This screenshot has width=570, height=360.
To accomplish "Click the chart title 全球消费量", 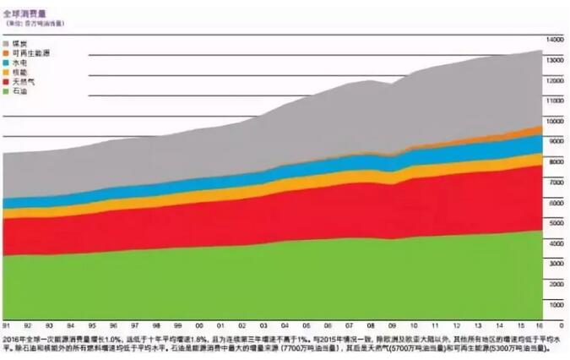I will click(x=23, y=13).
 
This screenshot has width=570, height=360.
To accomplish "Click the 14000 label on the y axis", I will click(x=554, y=40).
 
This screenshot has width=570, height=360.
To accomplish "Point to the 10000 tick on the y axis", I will click(x=554, y=121).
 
